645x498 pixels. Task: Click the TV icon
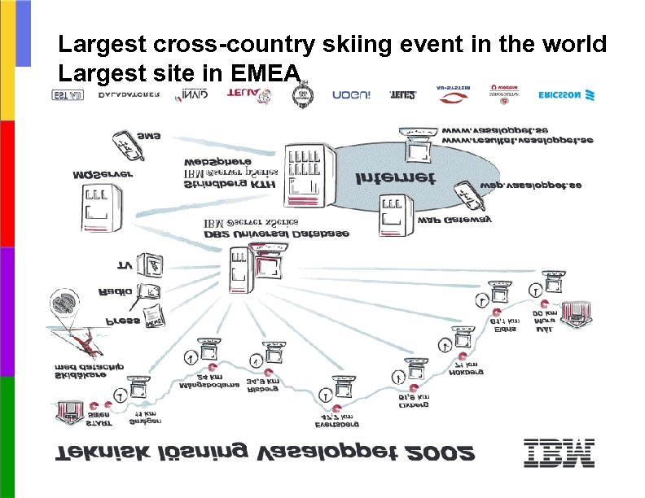coord(151,264)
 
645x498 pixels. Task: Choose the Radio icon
coord(150,290)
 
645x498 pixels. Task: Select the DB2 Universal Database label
coord(278,234)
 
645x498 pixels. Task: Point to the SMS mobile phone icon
coord(122,144)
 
